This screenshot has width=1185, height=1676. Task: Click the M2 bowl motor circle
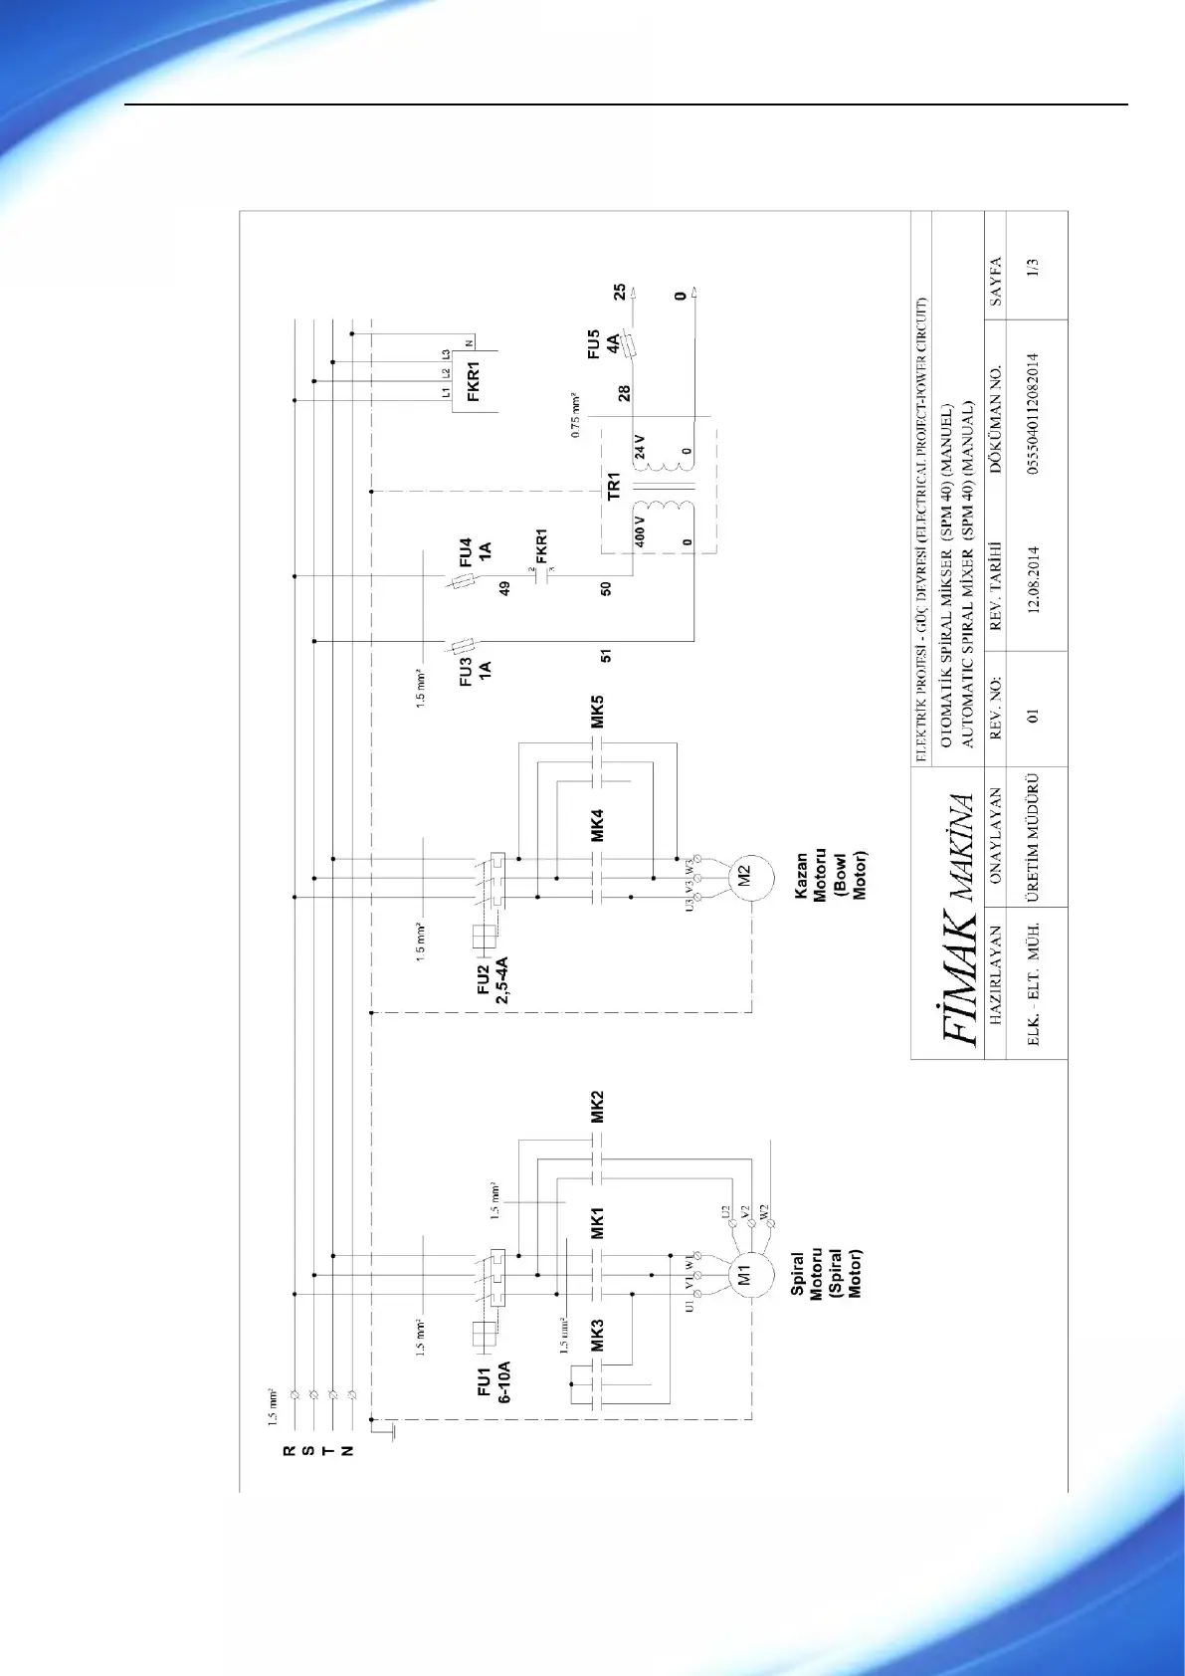(743, 878)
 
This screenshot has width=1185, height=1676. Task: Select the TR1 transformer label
(614, 487)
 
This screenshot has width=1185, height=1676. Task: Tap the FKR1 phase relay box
(475, 380)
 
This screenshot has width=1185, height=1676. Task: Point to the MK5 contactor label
(598, 712)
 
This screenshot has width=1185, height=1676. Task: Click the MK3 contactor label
(597, 1336)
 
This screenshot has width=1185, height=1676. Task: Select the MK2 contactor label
(597, 1107)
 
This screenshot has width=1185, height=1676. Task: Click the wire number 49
(504, 588)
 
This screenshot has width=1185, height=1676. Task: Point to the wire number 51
(606, 656)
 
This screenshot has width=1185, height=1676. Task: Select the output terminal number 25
(620, 292)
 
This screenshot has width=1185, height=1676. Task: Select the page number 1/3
(1035, 268)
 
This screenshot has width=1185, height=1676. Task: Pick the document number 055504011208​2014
(1035, 414)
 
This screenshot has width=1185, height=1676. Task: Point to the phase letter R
(290, 1451)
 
